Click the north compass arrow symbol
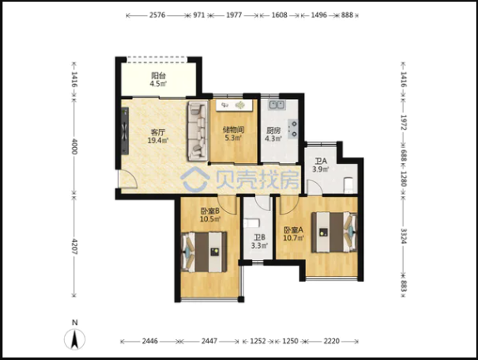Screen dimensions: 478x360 (x=75, y=339)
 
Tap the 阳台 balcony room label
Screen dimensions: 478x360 (x=158, y=76)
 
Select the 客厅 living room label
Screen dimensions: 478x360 (x=158, y=132)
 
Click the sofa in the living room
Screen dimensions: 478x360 (x=198, y=131)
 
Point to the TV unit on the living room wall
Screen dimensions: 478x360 (x=125, y=131)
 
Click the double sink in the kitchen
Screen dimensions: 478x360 (x=276, y=105)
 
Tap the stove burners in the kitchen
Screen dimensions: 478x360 (x=293, y=129)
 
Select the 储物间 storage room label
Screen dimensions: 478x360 (x=234, y=130)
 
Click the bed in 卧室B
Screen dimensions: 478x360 (x=204, y=252)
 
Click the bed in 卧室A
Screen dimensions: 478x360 (x=334, y=232)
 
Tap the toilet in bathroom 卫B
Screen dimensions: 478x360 (x=252, y=223)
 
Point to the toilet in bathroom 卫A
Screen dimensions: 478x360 (x=348, y=185)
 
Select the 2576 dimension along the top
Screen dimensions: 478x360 (x=157, y=15)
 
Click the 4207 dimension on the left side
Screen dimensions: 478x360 (x=74, y=247)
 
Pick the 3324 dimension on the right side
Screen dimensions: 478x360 (x=403, y=236)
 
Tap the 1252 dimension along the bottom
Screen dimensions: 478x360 (x=258, y=341)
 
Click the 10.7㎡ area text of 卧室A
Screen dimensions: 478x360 (x=293, y=238)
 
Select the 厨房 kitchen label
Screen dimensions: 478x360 (x=273, y=131)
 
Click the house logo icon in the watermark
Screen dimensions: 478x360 (x=195, y=180)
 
